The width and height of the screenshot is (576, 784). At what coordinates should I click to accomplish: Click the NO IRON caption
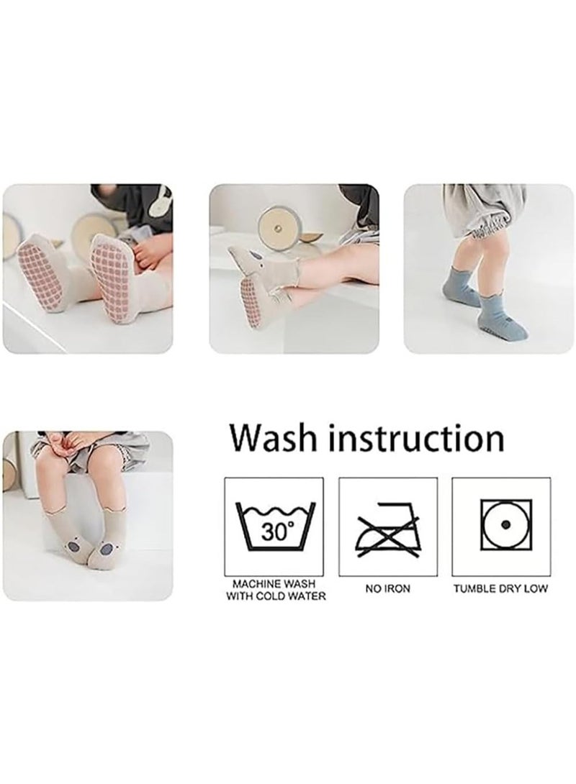tap(387, 588)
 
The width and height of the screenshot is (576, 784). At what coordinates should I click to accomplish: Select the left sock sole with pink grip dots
tap(40, 277)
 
